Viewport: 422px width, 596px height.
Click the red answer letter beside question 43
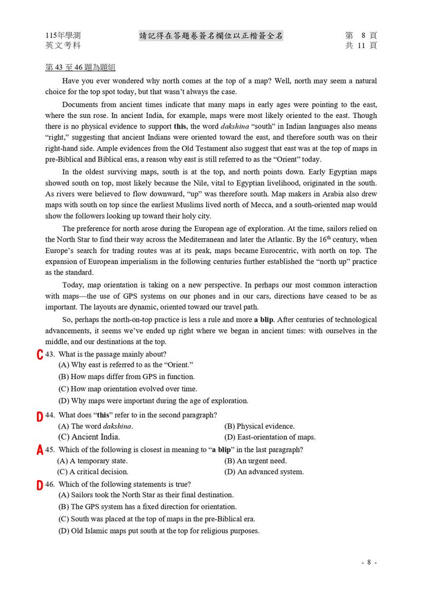point(40,355)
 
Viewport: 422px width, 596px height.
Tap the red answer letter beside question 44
point(40,416)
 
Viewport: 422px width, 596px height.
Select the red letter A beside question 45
point(40,451)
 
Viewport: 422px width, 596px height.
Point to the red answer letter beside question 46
point(40,485)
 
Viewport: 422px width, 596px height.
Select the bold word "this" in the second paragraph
point(180,126)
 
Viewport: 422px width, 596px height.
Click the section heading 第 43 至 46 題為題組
point(81,68)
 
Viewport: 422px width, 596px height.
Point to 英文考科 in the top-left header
point(63,46)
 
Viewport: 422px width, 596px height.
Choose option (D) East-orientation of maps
point(270,437)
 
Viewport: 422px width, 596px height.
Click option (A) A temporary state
point(92,461)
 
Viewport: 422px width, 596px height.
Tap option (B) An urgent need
point(255,461)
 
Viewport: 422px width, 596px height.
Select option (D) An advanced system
point(264,472)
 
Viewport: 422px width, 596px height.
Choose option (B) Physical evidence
point(259,426)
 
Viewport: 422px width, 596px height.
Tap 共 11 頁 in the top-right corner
point(361,46)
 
